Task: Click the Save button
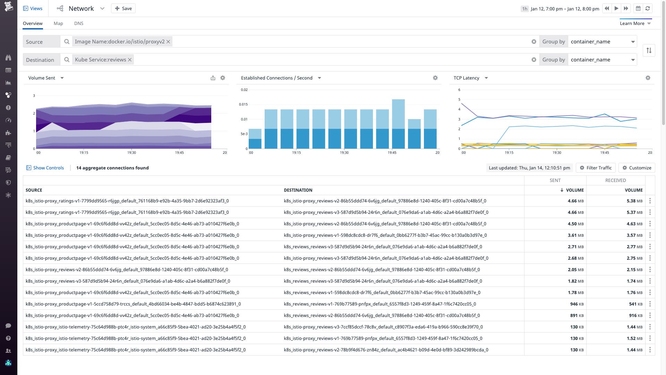pos(123,8)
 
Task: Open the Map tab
pos(58,23)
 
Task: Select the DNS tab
pos(79,23)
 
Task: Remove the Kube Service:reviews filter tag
pos(130,60)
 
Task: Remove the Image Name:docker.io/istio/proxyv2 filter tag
pos(168,42)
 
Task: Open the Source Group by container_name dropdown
pos(603,42)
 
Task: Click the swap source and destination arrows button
pos(649,50)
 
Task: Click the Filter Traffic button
pos(596,168)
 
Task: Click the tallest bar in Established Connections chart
pos(398,122)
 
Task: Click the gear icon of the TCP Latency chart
pos(648,78)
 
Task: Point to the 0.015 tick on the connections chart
pos(243,104)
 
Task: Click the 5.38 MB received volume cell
pos(634,201)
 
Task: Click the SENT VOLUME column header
pos(572,190)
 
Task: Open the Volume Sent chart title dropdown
pos(62,78)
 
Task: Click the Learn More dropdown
pos(635,23)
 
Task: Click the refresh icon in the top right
pos(648,8)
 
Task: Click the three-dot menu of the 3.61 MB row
pos(650,235)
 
